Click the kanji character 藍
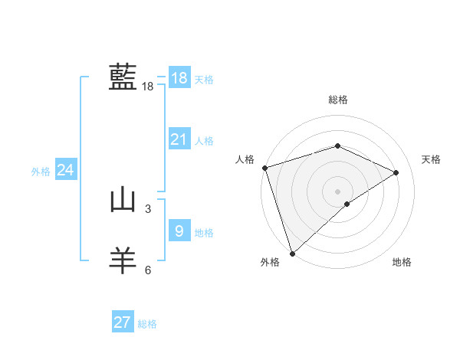(123, 77)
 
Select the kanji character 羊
(123, 260)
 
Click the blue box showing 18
(179, 78)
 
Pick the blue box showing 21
(179, 139)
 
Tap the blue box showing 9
(179, 230)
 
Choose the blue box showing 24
(66, 170)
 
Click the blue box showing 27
(123, 322)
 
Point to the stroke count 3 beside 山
(148, 208)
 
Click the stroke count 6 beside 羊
(148, 270)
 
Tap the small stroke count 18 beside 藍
(148, 87)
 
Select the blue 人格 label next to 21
(204, 141)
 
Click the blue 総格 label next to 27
(147, 324)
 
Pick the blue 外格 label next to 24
(41, 172)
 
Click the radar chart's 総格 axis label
(337, 100)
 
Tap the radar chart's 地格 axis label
(402, 262)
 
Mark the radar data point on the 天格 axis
(396, 172)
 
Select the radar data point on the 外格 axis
(292, 253)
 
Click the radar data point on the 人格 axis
(264, 168)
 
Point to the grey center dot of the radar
(337, 191)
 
